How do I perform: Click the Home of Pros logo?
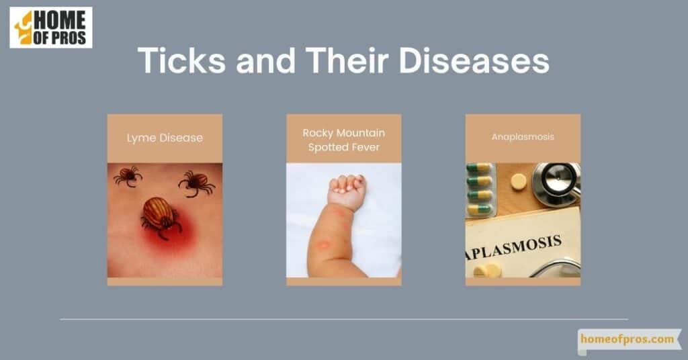pyautogui.click(x=51, y=27)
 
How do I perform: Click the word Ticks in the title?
pyautogui.click(x=181, y=60)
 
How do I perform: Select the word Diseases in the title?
pyautogui.click(x=474, y=60)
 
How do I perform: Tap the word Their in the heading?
pyautogui.click(x=347, y=60)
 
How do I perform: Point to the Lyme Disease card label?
pyautogui.click(x=165, y=138)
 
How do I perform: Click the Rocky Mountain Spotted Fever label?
pyautogui.click(x=344, y=140)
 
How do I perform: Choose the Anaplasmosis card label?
pyautogui.click(x=523, y=137)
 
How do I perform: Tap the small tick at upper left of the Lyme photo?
pyautogui.click(x=128, y=176)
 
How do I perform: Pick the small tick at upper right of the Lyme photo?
pyautogui.click(x=197, y=183)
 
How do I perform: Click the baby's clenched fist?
pyautogui.click(x=347, y=191)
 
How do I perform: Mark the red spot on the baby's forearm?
pyautogui.click(x=323, y=244)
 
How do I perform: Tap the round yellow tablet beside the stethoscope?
pyautogui.click(x=519, y=181)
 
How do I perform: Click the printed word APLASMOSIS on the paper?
pyautogui.click(x=513, y=248)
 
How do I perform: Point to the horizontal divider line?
pyautogui.click(x=344, y=319)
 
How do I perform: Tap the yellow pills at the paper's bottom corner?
pyautogui.click(x=488, y=271)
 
